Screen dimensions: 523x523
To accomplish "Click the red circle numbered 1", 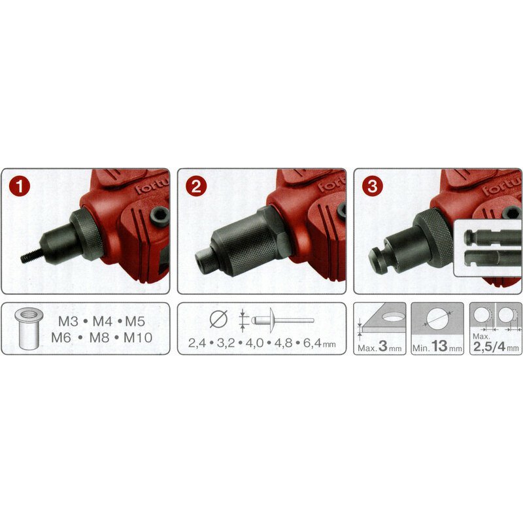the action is pyautogui.click(x=20, y=186).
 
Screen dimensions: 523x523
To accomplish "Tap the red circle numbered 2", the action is pyautogui.click(x=196, y=186).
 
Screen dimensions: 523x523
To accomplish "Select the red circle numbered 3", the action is pyautogui.click(x=372, y=186).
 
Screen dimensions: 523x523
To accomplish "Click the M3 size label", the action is pyautogui.click(x=68, y=321).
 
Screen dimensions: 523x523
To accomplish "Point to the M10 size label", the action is pyautogui.click(x=138, y=337).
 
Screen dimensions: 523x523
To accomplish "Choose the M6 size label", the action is pyautogui.click(x=61, y=337).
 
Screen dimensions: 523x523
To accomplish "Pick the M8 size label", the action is pyautogui.click(x=99, y=337).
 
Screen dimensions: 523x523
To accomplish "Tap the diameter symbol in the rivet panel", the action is pyautogui.click(x=219, y=319).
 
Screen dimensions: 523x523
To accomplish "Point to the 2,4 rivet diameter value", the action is pyautogui.click(x=197, y=343).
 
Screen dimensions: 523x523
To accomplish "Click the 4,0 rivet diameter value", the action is pyautogui.click(x=254, y=343).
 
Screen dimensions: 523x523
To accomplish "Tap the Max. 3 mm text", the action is pyautogui.click(x=380, y=347).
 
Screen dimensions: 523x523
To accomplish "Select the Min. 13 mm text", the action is pyautogui.click(x=437, y=347).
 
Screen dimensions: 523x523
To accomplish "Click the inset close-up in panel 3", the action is pyautogui.click(x=488, y=248).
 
